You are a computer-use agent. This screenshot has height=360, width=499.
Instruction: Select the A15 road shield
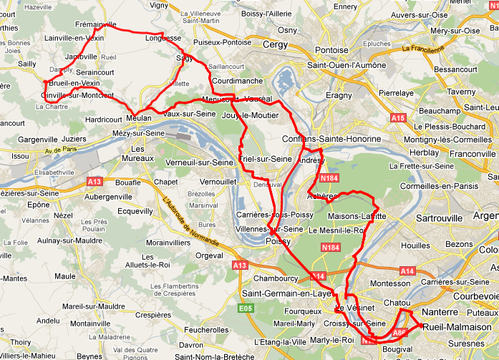point(398,117)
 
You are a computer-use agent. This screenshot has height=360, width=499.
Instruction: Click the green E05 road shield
point(246,308)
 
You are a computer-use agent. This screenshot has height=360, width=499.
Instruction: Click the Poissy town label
point(278,242)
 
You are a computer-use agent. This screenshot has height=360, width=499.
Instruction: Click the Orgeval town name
point(209,255)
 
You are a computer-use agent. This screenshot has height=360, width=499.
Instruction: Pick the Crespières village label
point(153,314)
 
